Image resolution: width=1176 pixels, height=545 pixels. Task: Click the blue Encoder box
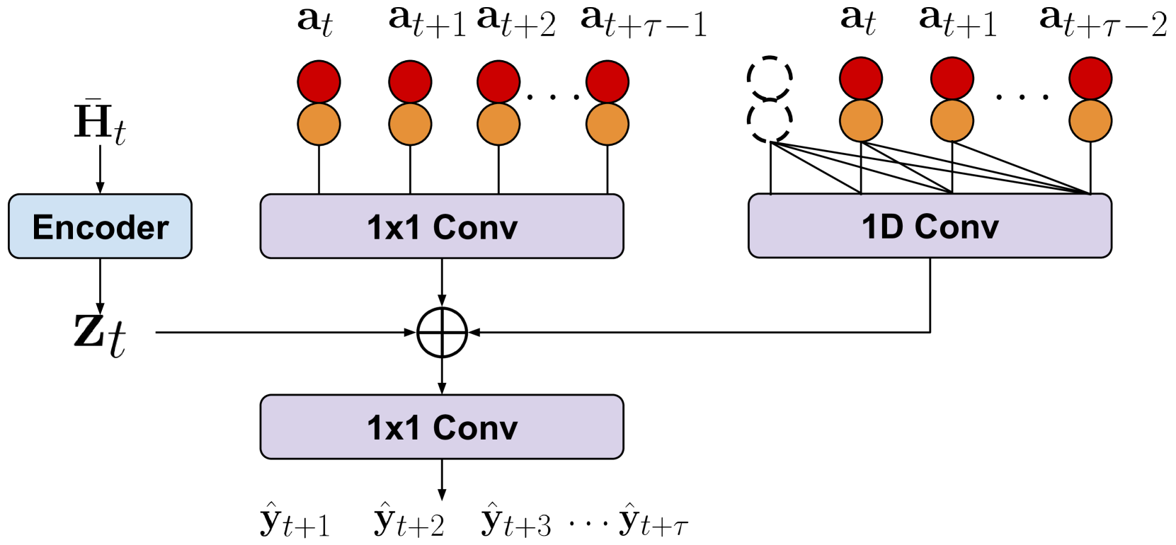100,226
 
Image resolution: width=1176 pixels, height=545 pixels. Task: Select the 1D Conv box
930,226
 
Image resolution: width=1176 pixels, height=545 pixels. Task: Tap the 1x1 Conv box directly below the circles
442,226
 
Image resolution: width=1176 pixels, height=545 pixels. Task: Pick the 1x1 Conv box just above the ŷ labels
442,427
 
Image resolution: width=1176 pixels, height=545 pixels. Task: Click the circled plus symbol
442,332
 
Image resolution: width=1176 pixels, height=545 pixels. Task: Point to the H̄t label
100,122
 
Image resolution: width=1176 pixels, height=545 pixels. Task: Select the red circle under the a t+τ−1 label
607,81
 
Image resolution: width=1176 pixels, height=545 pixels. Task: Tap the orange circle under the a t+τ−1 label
607,124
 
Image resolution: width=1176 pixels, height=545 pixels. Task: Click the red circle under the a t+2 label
498,81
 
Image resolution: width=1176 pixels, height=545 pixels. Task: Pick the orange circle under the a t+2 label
498,124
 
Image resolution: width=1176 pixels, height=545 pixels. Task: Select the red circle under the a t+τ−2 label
1090,79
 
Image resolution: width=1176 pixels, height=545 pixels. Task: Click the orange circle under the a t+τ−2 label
1090,120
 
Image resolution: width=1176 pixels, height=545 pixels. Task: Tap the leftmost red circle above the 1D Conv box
860,79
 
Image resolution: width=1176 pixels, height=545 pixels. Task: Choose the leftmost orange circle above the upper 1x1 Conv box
319,124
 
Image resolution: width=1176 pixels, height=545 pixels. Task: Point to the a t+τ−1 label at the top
643,23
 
